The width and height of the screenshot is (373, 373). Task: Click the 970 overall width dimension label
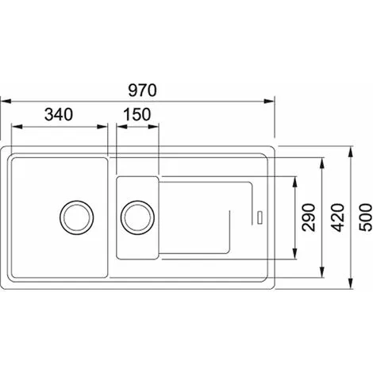click(142, 90)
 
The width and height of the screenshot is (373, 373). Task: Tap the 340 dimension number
click(59, 114)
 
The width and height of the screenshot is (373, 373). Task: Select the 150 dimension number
click(137, 114)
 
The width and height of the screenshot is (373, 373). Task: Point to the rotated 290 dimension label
click(309, 217)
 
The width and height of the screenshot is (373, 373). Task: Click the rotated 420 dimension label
click(338, 217)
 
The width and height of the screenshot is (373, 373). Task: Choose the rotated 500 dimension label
click(365, 217)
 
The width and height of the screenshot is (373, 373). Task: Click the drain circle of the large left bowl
click(76, 217)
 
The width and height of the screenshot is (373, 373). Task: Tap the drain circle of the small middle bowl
click(137, 217)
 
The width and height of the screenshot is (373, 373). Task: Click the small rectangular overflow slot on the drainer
click(260, 217)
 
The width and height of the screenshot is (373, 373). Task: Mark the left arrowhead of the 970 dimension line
click(6, 101)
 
